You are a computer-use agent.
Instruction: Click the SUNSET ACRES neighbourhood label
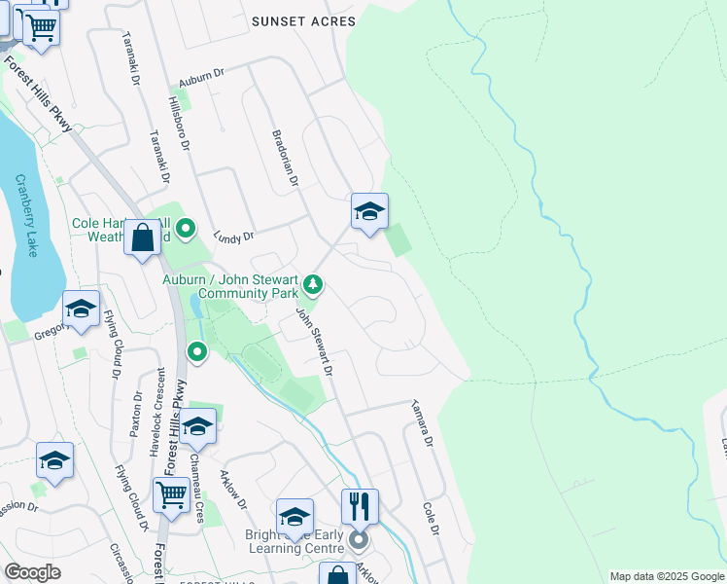pyautogui.click(x=303, y=20)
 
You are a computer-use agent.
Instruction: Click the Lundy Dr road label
pyautogui.click(x=233, y=237)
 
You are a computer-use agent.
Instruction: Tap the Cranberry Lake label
pyautogui.click(x=27, y=215)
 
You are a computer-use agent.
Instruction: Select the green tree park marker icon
pyautogui.click(x=312, y=284)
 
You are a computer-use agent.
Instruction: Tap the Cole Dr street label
pyautogui.click(x=431, y=517)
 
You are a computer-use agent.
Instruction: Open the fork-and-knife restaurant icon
pyautogui.click(x=359, y=505)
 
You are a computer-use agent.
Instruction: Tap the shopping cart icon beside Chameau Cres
pyautogui.click(x=171, y=494)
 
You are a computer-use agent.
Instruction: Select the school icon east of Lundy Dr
pyautogui.click(x=369, y=211)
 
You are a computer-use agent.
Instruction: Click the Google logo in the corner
pyautogui.click(x=33, y=572)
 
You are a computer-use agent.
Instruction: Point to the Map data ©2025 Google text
pyautogui.click(x=667, y=576)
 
